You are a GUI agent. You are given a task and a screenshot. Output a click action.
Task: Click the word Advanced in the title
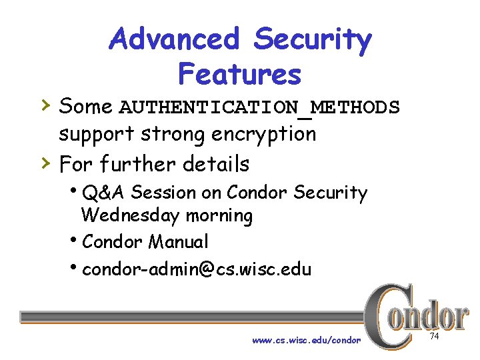point(175,40)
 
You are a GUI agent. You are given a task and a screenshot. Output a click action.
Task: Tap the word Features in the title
point(240,74)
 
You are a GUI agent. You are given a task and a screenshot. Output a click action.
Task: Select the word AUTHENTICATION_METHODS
point(259,107)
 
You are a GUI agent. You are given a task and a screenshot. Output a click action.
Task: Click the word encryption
point(263,134)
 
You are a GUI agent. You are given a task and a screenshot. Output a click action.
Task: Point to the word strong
point(174,134)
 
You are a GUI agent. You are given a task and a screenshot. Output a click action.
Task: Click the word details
point(216,163)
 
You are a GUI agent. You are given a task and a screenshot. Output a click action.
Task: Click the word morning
point(219,216)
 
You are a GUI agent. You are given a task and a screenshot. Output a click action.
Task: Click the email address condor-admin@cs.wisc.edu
point(197,269)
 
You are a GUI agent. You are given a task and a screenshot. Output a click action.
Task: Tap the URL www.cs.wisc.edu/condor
point(306,340)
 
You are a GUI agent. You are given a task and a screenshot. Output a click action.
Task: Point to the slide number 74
point(435,336)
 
